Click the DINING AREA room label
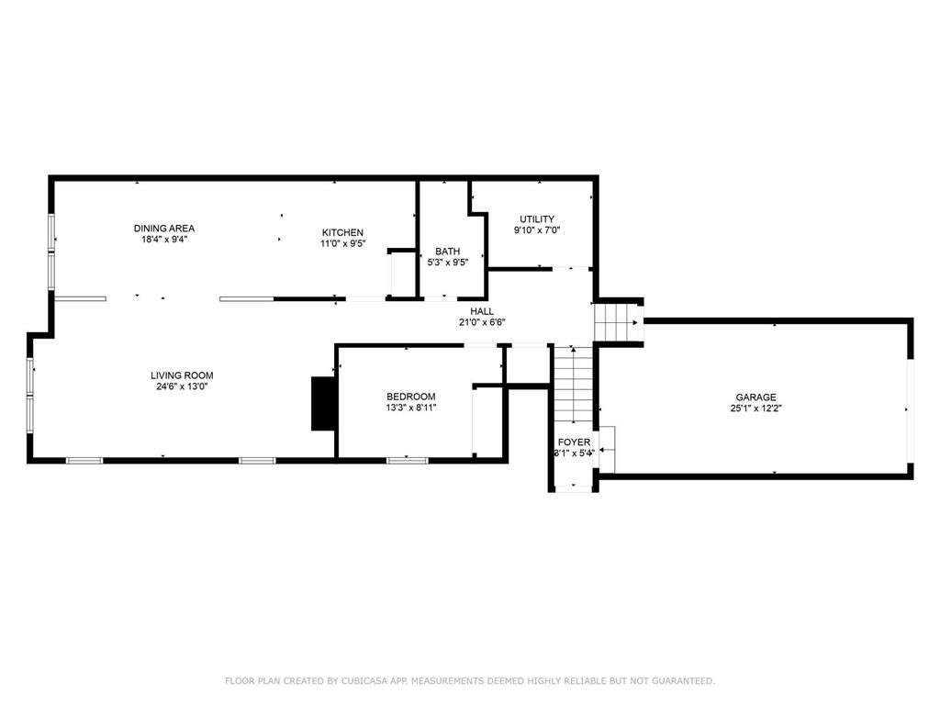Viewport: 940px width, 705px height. click(x=164, y=229)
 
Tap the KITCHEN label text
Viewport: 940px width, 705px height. click(x=342, y=232)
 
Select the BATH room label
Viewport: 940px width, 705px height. click(x=448, y=252)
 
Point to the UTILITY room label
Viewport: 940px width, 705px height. click(x=536, y=219)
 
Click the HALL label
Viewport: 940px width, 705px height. click(x=482, y=311)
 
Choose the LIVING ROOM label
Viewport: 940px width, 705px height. click(x=182, y=375)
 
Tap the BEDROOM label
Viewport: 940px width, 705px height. click(x=410, y=397)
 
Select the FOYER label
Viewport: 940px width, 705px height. click(x=574, y=442)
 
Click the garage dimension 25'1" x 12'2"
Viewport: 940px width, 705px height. click(x=755, y=408)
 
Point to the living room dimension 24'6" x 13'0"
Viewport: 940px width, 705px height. click(x=182, y=386)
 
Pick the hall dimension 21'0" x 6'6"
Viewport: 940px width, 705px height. click(x=482, y=322)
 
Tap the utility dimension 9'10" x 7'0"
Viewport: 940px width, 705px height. click(x=536, y=230)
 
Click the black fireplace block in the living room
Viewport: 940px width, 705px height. click(x=323, y=403)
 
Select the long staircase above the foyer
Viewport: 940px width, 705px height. click(x=573, y=386)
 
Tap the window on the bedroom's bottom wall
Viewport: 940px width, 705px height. click(x=407, y=460)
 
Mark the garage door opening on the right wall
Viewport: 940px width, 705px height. click(x=910, y=410)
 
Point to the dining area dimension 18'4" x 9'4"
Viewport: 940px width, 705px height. click(x=164, y=240)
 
